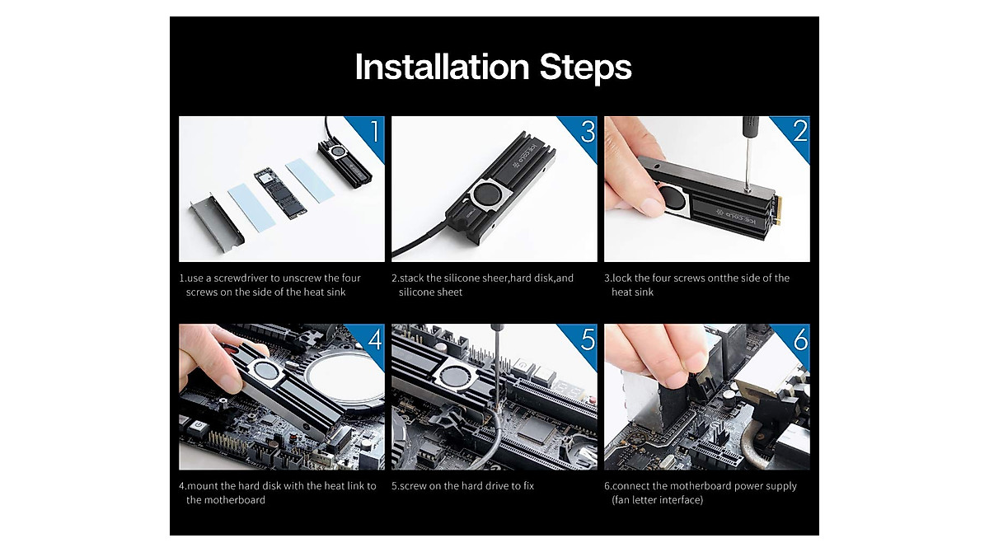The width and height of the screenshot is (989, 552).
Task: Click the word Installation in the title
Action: click(442, 67)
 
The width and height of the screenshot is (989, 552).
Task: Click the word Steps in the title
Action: click(585, 68)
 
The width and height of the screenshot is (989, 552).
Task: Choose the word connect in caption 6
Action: click(630, 486)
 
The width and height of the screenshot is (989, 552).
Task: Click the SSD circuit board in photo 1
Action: click(280, 193)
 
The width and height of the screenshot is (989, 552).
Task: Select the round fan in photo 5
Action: click(454, 377)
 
